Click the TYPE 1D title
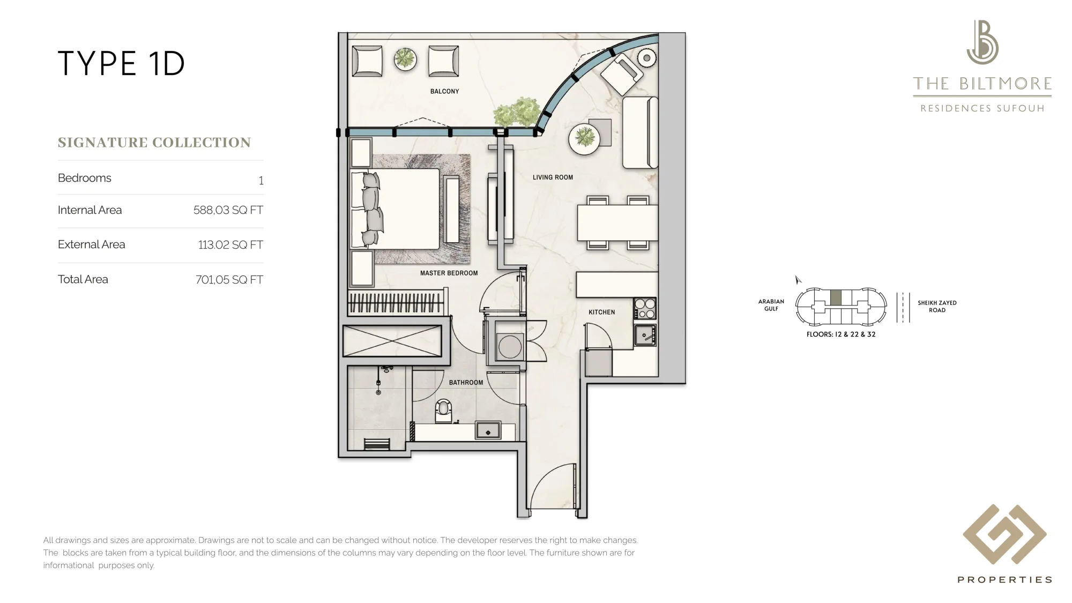(121, 63)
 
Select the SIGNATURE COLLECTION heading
(154, 143)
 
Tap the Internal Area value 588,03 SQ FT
(228, 210)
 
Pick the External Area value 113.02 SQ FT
(230, 245)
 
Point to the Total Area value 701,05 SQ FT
(229, 280)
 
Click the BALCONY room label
(444, 92)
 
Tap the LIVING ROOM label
(553, 177)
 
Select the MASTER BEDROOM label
(449, 273)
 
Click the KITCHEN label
(601, 312)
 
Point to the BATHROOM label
(466, 383)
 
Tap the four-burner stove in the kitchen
(645, 309)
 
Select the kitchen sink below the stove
(645, 335)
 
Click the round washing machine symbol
(510, 347)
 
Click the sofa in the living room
(640, 132)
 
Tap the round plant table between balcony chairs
(405, 59)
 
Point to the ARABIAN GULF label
(771, 305)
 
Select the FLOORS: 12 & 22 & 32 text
(841, 334)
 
